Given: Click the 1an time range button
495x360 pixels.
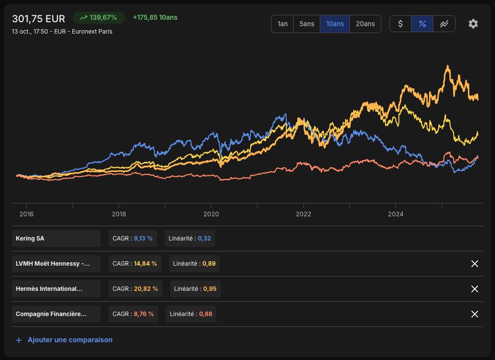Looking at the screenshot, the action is [x=282, y=24].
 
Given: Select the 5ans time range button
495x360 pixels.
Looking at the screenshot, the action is [x=306, y=24].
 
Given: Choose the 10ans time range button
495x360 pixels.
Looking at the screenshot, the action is [x=335, y=24].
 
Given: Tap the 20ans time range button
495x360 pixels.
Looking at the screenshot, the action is [x=365, y=24].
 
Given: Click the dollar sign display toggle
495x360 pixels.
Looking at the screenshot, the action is [x=400, y=24].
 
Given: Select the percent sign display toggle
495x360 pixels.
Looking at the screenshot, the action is [x=422, y=24].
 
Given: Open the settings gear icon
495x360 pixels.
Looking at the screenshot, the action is [x=473, y=24].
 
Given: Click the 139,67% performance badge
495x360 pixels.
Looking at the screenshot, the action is [x=99, y=18].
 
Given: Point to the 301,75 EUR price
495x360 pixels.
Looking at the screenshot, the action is [x=38, y=19].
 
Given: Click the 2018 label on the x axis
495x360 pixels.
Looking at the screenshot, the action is [x=119, y=214].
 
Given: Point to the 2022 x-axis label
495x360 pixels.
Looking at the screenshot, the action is [x=304, y=214].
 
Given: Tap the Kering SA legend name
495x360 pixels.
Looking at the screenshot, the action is [x=30, y=239].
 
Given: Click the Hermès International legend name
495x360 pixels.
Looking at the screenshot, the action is [x=49, y=289].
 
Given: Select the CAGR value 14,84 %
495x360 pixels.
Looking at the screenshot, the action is [x=145, y=264].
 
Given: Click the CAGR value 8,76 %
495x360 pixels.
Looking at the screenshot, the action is [x=144, y=314].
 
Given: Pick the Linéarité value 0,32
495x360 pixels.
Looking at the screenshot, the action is [x=204, y=239].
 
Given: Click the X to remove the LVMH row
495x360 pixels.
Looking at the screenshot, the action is [x=474, y=264].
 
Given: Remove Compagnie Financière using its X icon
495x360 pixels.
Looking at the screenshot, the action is [x=474, y=314].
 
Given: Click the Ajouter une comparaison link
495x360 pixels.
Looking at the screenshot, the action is [x=70, y=340].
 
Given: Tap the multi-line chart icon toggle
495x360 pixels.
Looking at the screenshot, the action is [x=444, y=24].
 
